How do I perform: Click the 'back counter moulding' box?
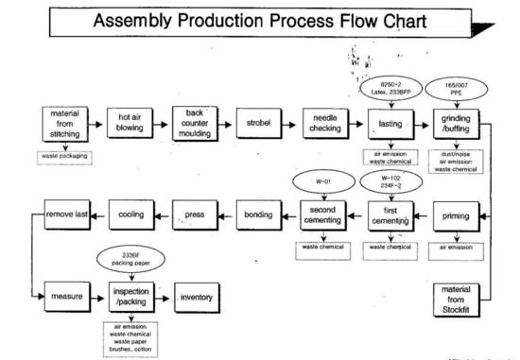[196, 124]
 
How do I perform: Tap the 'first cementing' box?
[390, 216]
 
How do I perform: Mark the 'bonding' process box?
[258, 216]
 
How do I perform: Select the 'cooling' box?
[131, 216]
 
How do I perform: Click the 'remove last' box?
[66, 216]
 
